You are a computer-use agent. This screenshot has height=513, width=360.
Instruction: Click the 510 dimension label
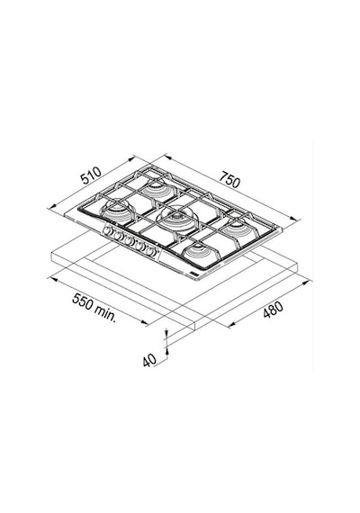[91, 175]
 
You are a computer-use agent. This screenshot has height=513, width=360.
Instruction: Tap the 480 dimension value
[273, 310]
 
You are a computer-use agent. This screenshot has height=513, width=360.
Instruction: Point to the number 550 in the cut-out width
[82, 301]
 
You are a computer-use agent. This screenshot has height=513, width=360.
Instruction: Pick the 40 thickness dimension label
[149, 360]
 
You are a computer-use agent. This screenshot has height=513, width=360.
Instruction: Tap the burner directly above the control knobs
[118, 211]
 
